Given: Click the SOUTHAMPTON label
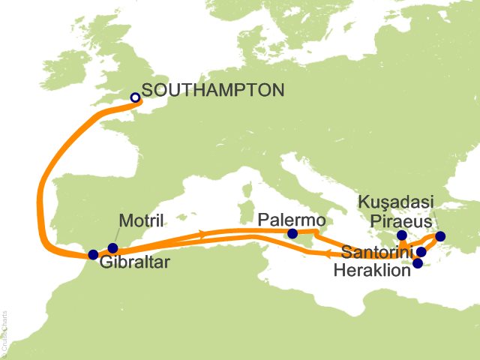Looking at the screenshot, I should click(x=212, y=90).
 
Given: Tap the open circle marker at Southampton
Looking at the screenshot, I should click(x=136, y=97).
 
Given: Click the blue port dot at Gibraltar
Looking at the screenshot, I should click(x=93, y=254).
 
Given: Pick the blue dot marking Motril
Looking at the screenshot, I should click(x=112, y=248).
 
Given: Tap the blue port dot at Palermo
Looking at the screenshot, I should click(x=292, y=234).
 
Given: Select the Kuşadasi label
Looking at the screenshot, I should click(x=395, y=203).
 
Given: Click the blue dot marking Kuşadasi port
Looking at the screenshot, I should click(x=439, y=237).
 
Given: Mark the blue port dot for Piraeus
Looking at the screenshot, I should click(x=402, y=235).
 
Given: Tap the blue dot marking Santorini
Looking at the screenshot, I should click(x=421, y=252).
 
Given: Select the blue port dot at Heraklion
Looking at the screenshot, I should click(x=418, y=263).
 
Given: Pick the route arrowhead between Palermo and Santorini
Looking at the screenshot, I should click(x=329, y=254).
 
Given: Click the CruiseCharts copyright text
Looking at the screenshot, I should click(x=6, y=331).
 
